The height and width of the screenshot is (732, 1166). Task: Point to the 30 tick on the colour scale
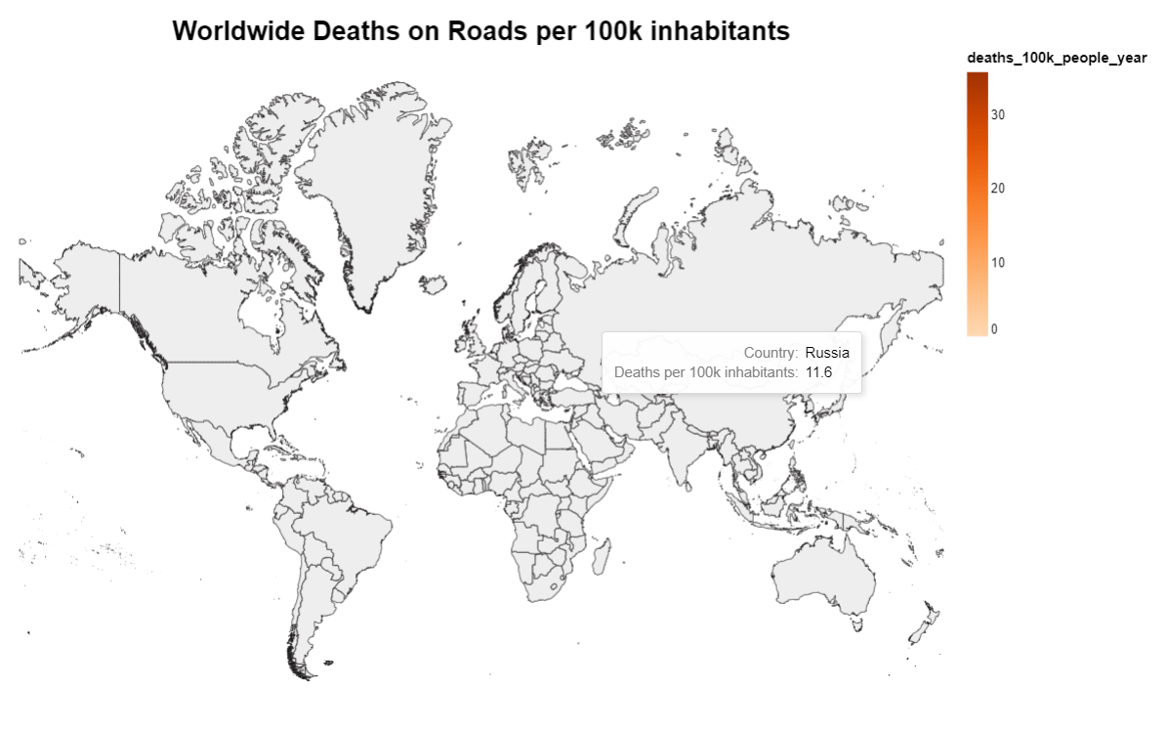pos(998,114)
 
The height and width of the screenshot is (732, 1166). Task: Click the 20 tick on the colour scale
pos(998,189)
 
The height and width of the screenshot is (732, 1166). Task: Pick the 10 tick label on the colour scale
pos(998,263)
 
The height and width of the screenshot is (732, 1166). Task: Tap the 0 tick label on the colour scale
pos(994,329)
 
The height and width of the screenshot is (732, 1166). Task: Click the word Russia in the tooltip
pos(827,353)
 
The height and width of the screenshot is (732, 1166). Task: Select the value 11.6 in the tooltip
pos(818,372)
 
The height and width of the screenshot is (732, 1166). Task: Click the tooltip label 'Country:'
pos(770,353)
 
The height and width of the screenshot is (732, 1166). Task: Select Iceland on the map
pos(431,283)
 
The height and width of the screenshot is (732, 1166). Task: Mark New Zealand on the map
pos(923,625)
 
